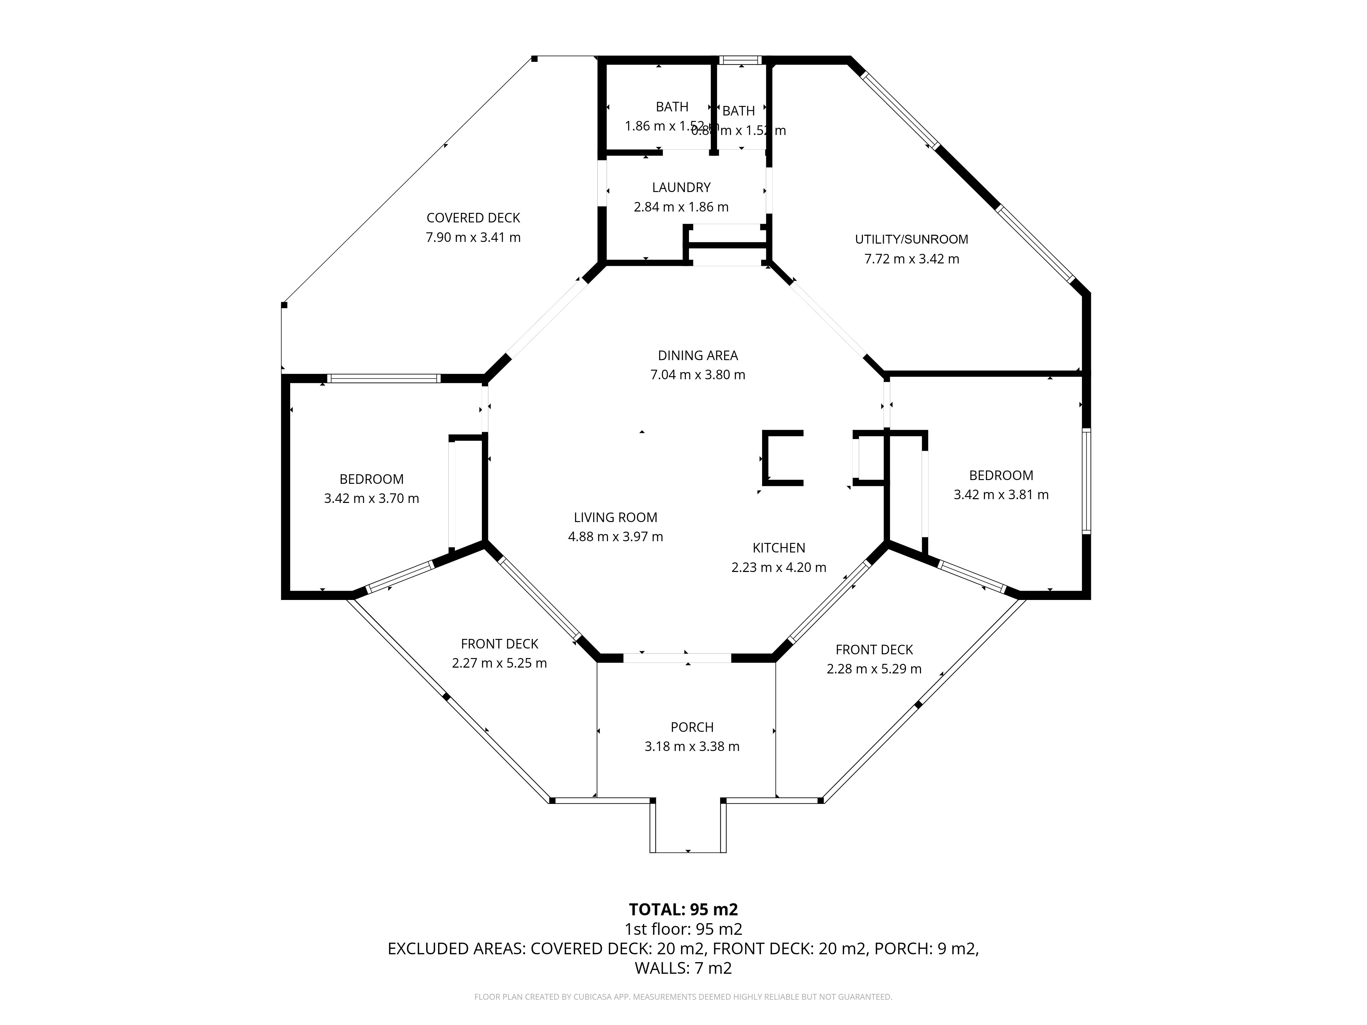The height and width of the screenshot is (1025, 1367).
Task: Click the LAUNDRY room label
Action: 681,187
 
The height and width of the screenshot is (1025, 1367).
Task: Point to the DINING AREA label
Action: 698,355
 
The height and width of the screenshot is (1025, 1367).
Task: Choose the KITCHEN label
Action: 779,547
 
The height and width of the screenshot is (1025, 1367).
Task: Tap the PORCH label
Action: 692,727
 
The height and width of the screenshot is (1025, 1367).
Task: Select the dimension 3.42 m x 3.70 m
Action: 371,498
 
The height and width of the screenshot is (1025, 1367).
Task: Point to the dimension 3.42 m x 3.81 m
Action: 1001,494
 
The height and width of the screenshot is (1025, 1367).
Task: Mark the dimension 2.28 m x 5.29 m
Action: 874,669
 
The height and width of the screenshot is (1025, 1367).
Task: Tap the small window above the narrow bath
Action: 740,60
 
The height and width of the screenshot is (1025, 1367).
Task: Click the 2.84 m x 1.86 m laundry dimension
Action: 681,207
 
